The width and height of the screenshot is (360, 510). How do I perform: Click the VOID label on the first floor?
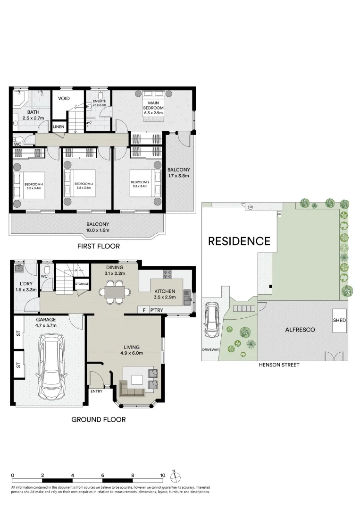coord(64,98)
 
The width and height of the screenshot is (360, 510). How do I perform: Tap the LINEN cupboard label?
coord(59,127)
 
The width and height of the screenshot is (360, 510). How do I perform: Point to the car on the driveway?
coord(211,320)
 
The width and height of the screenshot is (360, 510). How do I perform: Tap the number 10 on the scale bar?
coord(162,475)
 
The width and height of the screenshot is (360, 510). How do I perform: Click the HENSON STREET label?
coord(279,365)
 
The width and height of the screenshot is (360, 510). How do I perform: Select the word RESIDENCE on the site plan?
coord(239,241)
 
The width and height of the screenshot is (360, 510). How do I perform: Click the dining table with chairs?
coord(115,291)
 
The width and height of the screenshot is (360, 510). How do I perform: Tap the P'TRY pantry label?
coord(157,310)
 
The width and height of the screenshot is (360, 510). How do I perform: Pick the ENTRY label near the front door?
coord(97,391)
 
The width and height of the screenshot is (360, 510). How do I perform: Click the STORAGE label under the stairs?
coord(82,284)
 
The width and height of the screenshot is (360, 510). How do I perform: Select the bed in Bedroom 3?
coord(79,183)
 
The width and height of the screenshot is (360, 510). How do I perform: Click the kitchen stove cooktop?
coord(167,274)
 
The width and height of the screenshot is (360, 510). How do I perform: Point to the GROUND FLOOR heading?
coord(99,420)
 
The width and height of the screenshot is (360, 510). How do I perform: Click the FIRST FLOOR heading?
coord(99,246)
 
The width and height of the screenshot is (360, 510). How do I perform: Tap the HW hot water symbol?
coord(250,207)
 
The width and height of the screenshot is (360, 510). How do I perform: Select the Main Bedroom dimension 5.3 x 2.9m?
coord(153,113)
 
